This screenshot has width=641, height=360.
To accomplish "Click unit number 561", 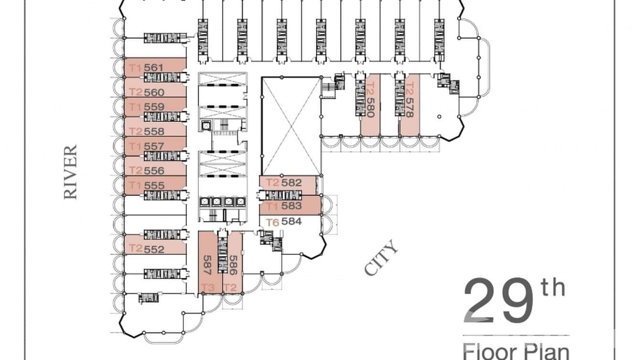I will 154,68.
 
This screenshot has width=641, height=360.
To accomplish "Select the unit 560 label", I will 154,92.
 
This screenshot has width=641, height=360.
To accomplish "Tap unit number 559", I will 154,107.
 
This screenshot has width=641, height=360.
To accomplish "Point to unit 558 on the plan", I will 154,131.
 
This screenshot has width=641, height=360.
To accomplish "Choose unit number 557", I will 154,146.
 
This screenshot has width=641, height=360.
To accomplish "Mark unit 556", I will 154,170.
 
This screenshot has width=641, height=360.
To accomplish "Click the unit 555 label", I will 154,185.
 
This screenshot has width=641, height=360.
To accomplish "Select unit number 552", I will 154,249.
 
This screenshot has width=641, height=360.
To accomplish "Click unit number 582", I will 291,182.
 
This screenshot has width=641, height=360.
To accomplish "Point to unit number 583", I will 291,206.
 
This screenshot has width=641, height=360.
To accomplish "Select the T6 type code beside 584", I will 272,222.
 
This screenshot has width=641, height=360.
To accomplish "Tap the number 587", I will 207,263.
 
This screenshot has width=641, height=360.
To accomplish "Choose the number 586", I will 233,264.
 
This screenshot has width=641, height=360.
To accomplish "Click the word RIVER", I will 70,172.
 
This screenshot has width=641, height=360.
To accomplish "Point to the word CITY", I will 381,258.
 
